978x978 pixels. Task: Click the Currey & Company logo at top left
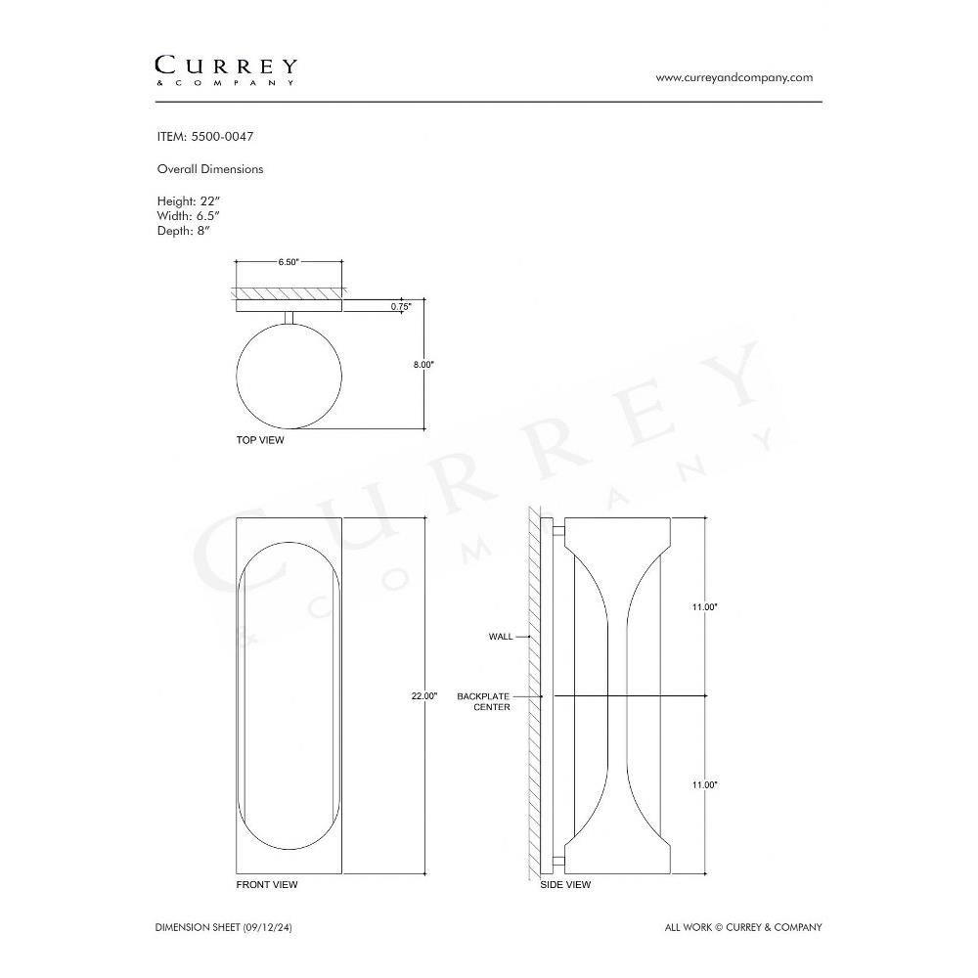[226, 70]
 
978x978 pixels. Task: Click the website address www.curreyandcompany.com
[734, 77]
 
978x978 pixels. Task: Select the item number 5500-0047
[222, 137]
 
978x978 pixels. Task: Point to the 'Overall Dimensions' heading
[210, 169]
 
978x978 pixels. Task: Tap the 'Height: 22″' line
[189, 201]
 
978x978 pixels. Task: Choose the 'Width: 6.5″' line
[189, 216]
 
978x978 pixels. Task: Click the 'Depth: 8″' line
[184, 231]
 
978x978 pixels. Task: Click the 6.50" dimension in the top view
[289, 262]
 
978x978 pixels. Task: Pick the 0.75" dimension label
[401, 306]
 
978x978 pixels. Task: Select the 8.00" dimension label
[423, 364]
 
